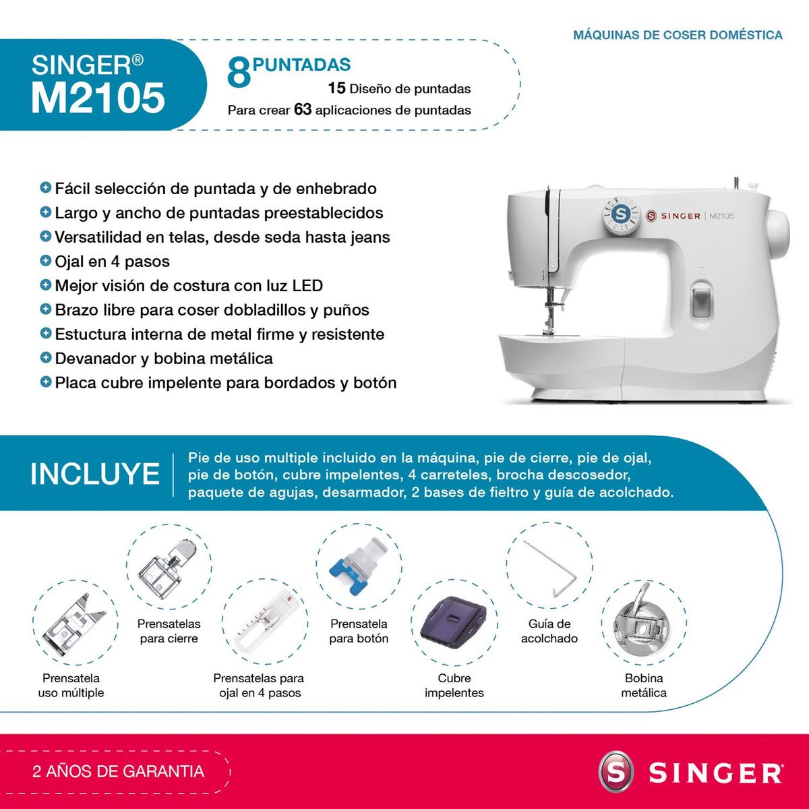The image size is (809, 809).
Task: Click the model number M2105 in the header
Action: click(98, 98)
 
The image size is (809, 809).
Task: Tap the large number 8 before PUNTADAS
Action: click(239, 73)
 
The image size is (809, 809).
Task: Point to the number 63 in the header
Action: click(303, 109)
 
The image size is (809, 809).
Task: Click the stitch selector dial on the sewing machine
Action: click(622, 215)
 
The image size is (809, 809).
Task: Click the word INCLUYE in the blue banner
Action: click(95, 474)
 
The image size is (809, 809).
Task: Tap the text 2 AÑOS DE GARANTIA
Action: click(119, 771)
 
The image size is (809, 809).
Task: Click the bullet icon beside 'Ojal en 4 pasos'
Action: click(46, 260)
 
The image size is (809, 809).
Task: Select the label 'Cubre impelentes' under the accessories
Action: click(454, 685)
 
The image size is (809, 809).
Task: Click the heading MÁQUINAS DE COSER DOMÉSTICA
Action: click(678, 35)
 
